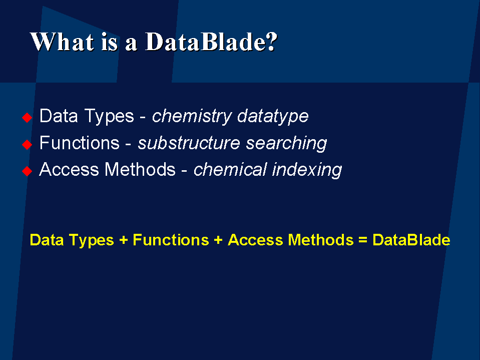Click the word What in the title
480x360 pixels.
click(62, 42)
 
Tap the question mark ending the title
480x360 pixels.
click(272, 42)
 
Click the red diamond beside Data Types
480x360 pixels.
click(27, 117)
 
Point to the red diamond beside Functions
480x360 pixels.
click(27, 145)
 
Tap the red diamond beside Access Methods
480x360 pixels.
click(27, 171)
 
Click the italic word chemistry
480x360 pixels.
click(192, 117)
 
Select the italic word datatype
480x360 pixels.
click(273, 117)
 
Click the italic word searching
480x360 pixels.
click(286, 144)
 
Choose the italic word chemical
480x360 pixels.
click(230, 169)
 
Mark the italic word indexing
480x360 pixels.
click(307, 170)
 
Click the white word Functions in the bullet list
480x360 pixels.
click(80, 143)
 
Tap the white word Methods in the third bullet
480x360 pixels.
click(140, 169)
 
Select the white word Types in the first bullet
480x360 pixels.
click(109, 117)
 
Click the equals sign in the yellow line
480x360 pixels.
click(363, 240)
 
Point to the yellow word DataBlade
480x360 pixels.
click(411, 240)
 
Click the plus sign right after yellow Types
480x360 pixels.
click(123, 240)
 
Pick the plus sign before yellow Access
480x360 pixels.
click(218, 240)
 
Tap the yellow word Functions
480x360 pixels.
click(171, 240)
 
